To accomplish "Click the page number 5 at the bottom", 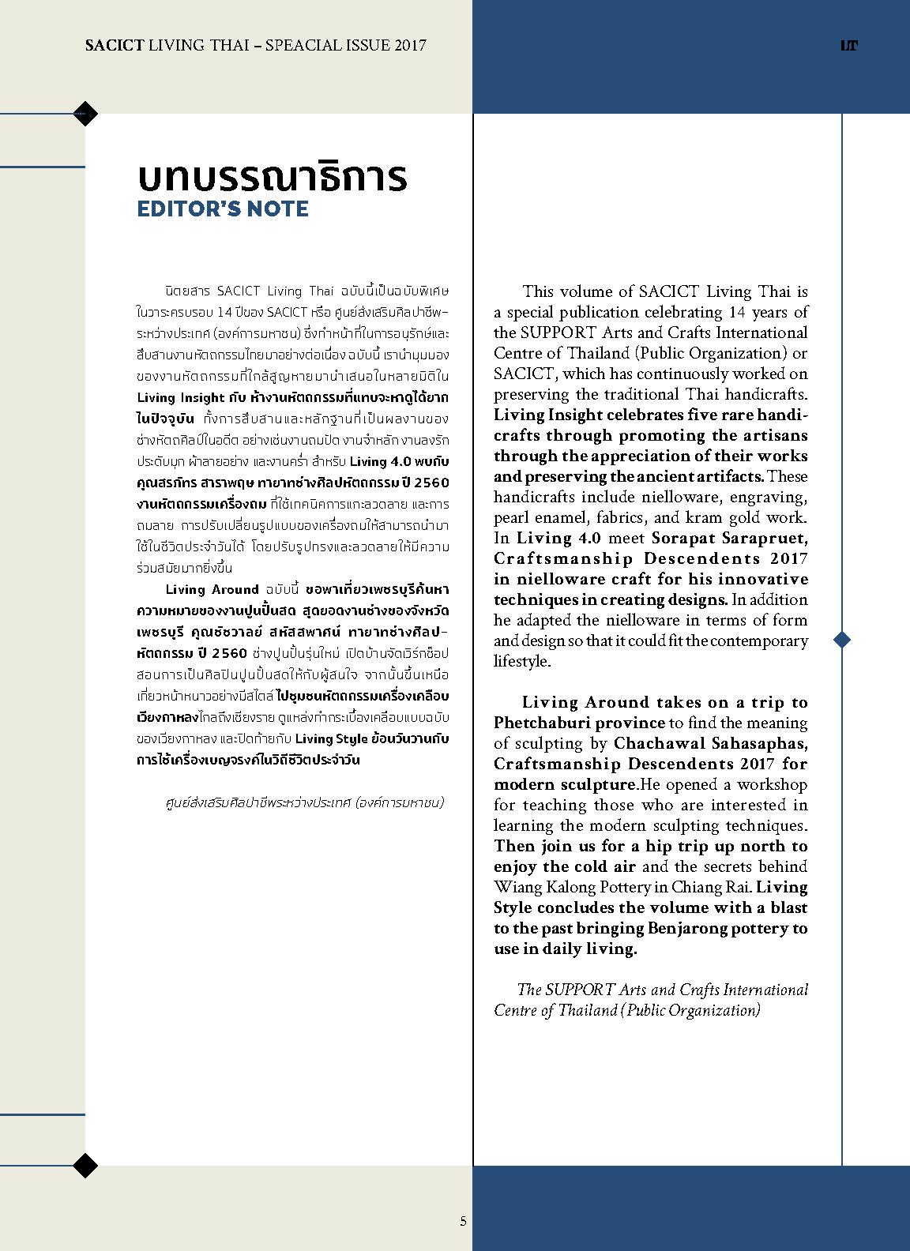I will coord(464,1221).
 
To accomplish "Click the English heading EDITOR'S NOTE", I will coord(223,209).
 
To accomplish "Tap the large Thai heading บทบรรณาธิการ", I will coord(273,177).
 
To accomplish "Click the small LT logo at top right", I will coord(849,46).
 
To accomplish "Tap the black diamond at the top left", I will coord(85,114).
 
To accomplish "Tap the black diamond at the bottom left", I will coord(85,1165).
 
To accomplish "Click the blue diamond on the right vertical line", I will coord(842,639).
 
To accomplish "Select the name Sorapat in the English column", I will coord(686,538).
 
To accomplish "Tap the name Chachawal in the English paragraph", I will coord(652,743).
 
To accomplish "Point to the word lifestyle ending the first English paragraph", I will coord(522,661).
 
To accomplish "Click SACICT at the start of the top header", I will coord(115,45).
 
